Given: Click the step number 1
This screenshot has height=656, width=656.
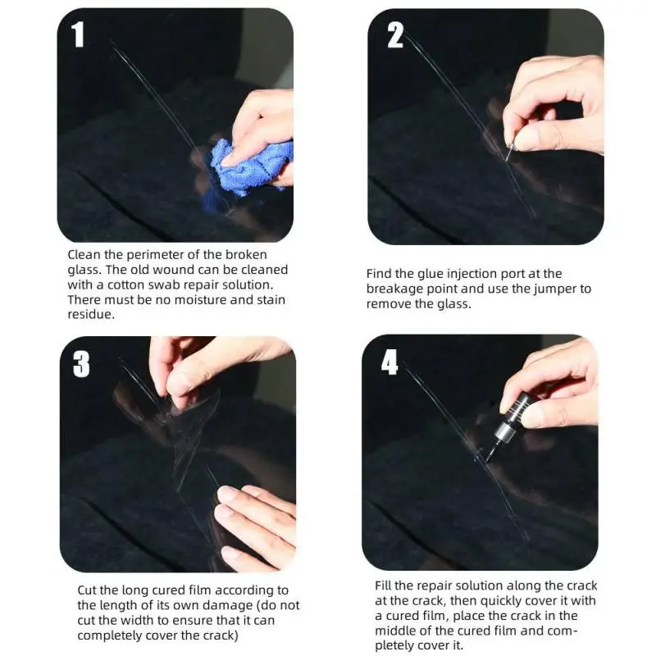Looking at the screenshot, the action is [x=78, y=34].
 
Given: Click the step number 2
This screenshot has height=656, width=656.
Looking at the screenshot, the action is [x=395, y=35].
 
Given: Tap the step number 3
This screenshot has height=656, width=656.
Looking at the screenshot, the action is [x=81, y=364].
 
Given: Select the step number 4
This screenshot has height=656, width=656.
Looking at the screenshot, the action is [x=389, y=362].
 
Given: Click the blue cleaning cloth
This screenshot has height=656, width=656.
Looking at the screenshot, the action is [x=247, y=167].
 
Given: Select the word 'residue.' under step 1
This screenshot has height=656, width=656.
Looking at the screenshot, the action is [x=91, y=315].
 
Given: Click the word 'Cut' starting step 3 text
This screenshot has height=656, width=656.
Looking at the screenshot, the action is [x=87, y=590].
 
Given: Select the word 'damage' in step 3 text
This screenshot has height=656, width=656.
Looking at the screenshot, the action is [x=226, y=606].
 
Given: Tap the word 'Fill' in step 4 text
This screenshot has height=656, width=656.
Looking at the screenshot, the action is [x=383, y=585].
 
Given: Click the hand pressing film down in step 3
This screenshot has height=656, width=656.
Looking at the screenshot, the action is [x=254, y=528].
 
